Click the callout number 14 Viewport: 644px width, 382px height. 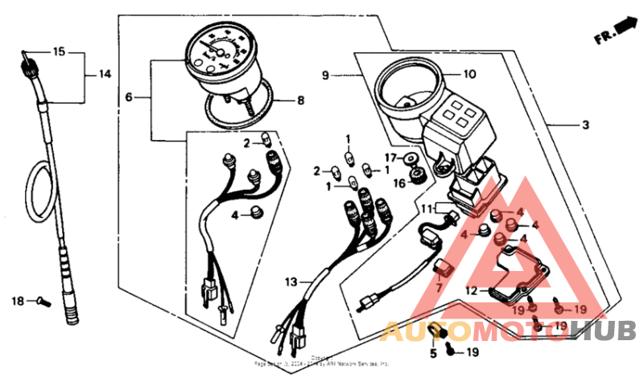105,74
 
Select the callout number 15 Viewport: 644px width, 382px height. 58,52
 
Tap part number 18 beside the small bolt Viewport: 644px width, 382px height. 18,301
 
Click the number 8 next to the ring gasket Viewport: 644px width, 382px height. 301,101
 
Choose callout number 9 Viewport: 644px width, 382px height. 326,76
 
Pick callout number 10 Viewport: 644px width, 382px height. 469,75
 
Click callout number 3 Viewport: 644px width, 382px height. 586,125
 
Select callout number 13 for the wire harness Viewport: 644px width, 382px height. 290,281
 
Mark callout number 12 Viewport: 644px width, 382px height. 471,290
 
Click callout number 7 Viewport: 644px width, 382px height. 440,286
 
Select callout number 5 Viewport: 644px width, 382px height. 431,352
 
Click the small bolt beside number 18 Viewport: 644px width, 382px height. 43,302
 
